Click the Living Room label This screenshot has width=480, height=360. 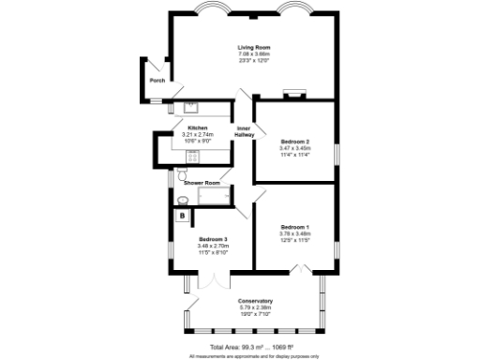[x=253, y=47]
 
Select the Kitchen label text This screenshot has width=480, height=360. [x=197, y=127]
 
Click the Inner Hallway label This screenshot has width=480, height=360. [x=244, y=131]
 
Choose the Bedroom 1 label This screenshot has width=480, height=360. [x=293, y=226]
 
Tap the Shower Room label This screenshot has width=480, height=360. [x=202, y=182]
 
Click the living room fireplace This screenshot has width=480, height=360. [x=293, y=94]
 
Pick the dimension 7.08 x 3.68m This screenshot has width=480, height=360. [x=253, y=53]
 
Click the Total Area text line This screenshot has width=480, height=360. [x=253, y=347]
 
